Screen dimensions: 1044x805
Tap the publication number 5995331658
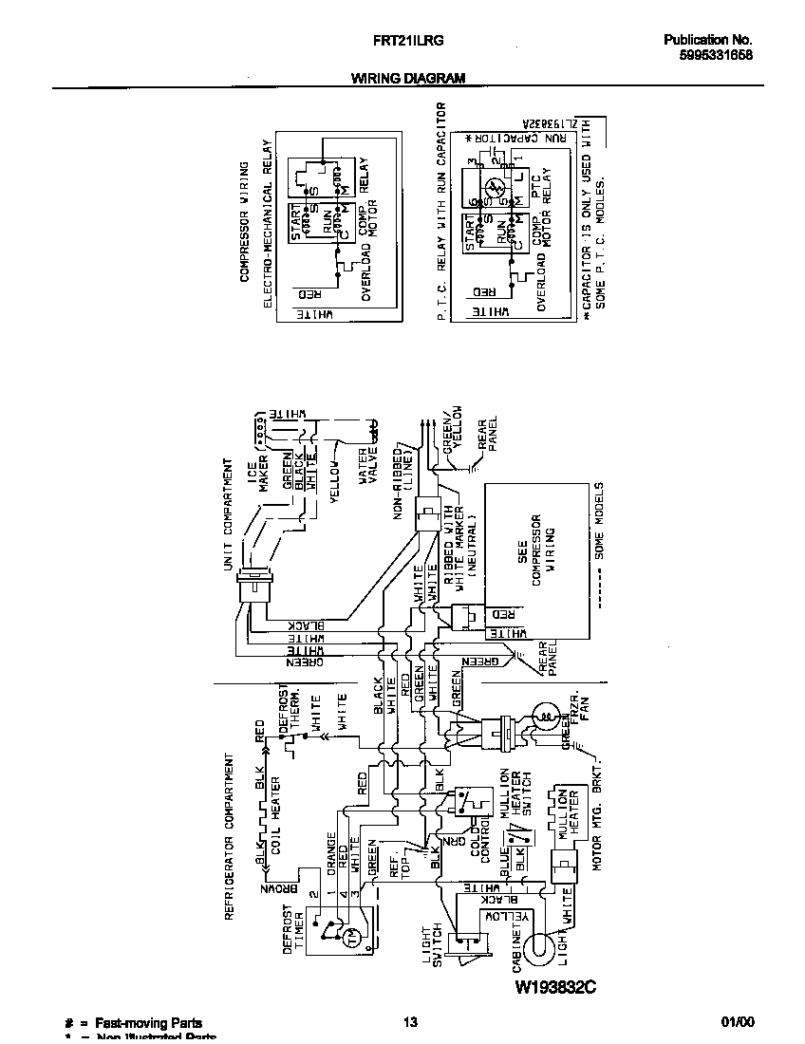click(708, 56)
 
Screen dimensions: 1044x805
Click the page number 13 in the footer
click(409, 1022)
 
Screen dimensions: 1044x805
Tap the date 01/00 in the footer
click(738, 1022)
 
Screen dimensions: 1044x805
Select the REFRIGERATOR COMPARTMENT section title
click(229, 835)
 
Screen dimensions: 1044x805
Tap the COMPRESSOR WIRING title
click(244, 221)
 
